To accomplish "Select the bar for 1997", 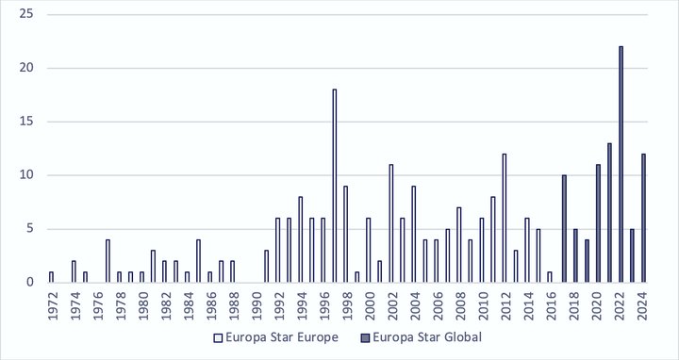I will click(x=334, y=186).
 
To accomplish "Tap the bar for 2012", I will click(x=505, y=218).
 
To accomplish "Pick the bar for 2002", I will click(x=390, y=223).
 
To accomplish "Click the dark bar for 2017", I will click(x=564, y=229).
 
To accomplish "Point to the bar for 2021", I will click(x=609, y=213).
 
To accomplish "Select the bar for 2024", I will click(x=643, y=218).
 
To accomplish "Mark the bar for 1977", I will click(x=108, y=261).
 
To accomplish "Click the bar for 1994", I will click(x=300, y=239).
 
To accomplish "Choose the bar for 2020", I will click(x=598, y=223).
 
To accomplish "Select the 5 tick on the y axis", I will click(x=30, y=229).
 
